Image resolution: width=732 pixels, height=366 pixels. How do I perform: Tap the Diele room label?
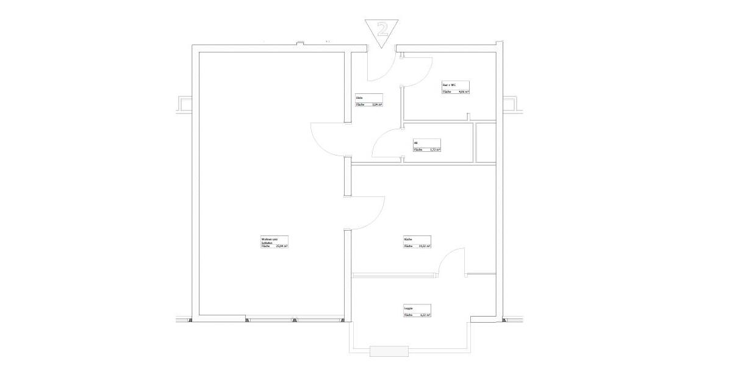(359, 98)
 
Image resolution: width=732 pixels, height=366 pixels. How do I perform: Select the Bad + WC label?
(449, 85)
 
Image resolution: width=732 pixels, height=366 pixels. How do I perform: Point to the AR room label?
(415, 143)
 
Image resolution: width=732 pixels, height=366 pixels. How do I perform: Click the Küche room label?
(407, 240)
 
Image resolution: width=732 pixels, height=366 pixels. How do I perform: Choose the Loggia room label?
(408, 309)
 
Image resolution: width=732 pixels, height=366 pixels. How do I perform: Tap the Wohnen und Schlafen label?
(269, 240)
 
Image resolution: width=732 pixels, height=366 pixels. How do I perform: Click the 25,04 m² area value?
(281, 246)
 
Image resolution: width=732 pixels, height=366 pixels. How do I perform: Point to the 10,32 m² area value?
(425, 246)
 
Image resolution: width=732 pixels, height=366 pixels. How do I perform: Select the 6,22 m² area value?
(425, 315)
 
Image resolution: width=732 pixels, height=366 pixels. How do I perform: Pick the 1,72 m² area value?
(434, 149)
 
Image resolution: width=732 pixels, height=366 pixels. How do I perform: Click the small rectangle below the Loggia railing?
(389, 351)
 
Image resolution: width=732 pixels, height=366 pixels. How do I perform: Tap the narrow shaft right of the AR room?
(486, 143)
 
